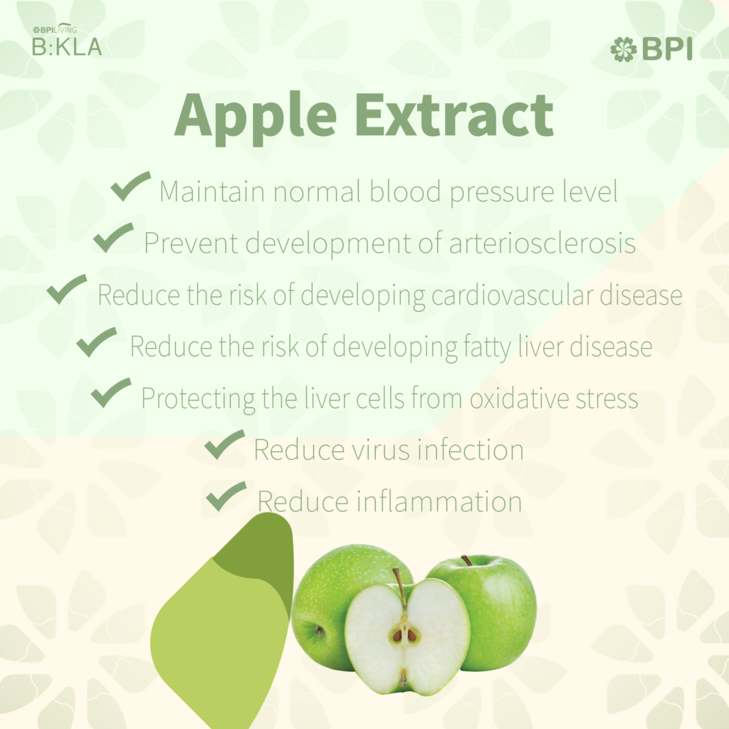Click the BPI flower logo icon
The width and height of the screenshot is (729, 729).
pos(623,49)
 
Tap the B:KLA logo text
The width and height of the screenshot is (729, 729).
pos(66,46)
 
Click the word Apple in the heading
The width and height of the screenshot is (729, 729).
pos(256,116)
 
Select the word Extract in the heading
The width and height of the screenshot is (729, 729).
pos(454,115)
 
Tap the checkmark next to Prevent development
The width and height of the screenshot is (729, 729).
pos(113,237)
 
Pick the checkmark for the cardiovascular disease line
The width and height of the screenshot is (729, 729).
pos(66,289)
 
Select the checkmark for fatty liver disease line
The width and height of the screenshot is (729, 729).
pos(96,341)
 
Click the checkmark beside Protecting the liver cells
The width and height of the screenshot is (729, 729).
pos(110,392)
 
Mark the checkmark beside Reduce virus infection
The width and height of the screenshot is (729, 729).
pos(224,444)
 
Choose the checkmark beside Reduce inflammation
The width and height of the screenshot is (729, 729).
pos(226,496)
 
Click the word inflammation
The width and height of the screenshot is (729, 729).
pos(439,501)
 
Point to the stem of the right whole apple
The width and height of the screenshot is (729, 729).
pos(466,560)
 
